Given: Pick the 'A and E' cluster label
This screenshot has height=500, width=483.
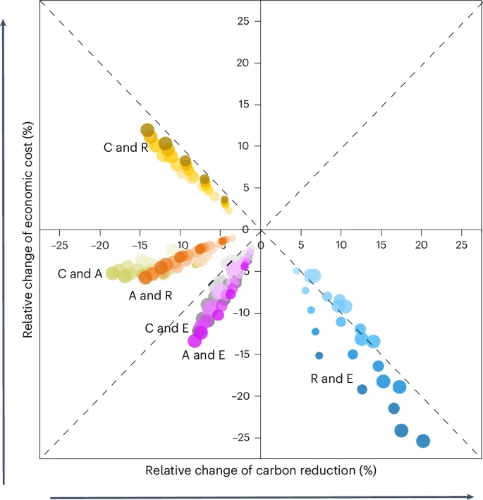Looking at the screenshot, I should (204, 355).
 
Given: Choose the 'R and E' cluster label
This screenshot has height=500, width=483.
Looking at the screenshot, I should (331, 379).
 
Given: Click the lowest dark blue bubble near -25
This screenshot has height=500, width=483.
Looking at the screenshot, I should (423, 441).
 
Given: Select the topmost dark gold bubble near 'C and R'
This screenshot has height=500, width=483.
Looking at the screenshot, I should (147, 130).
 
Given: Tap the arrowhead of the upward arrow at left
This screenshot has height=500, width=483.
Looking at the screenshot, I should (5, 22).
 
